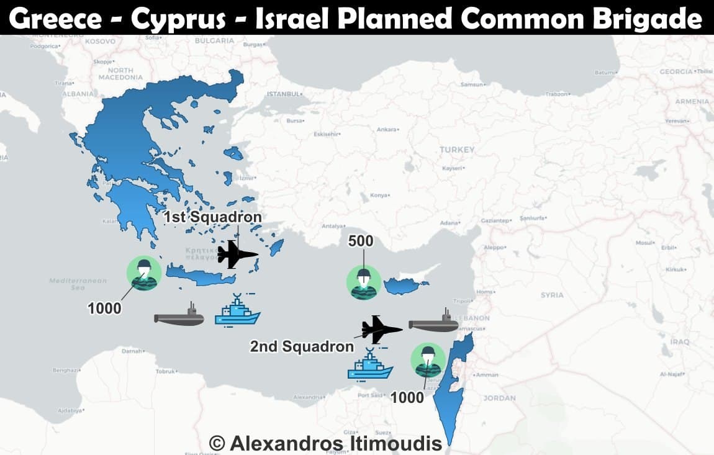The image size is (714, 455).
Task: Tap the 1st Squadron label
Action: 212,217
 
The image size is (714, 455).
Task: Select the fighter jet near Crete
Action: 237,254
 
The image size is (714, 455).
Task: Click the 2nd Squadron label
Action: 301,346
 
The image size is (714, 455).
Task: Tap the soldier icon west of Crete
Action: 144,273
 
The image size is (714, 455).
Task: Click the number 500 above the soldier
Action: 361,240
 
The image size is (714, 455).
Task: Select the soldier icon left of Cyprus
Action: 364,282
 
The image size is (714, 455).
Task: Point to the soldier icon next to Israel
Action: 428,360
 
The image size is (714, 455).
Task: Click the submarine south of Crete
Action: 179,317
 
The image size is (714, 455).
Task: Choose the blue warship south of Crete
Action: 237,310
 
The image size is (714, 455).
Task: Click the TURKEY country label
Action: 456,150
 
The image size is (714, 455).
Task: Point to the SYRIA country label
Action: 552,295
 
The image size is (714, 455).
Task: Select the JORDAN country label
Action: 499,398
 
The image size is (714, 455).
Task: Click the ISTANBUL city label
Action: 283,94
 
